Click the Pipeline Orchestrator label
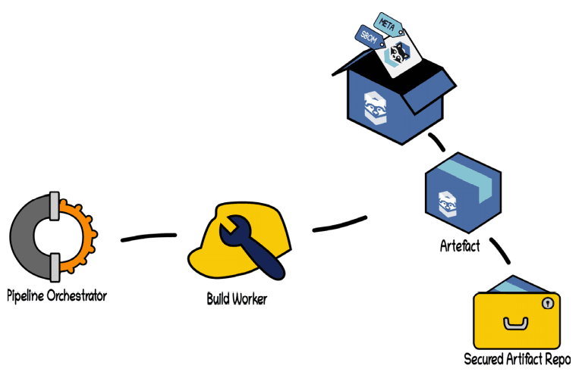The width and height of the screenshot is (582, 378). pos(57,295)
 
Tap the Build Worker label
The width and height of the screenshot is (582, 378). pos(237,298)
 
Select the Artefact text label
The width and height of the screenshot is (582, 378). pos(460,246)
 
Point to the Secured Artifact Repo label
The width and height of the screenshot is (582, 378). pos(518,358)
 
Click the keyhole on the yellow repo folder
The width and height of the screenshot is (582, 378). pos(547,303)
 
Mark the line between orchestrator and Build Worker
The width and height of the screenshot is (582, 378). pos(149,239)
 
